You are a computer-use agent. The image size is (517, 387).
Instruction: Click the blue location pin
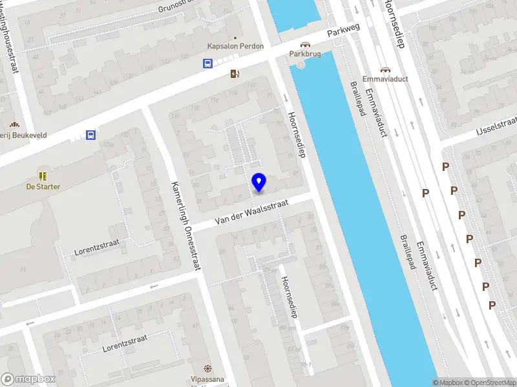click(x=259, y=183)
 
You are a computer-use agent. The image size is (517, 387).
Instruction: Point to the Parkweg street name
click(x=343, y=31)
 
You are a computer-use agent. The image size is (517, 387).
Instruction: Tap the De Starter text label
click(x=43, y=187)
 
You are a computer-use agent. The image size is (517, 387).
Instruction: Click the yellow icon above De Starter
click(x=43, y=175)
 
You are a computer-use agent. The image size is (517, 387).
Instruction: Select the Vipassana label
click(x=207, y=379)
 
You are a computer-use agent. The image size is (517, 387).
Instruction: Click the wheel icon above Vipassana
click(x=207, y=368)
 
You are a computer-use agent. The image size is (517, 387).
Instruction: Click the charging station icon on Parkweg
click(x=234, y=74)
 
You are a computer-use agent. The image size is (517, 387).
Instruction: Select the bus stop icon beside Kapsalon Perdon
click(x=208, y=63)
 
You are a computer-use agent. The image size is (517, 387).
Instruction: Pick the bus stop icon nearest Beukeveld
click(x=91, y=135)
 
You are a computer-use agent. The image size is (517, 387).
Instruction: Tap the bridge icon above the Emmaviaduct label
click(x=386, y=69)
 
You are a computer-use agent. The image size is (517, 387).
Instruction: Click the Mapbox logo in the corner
click(x=28, y=379)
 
